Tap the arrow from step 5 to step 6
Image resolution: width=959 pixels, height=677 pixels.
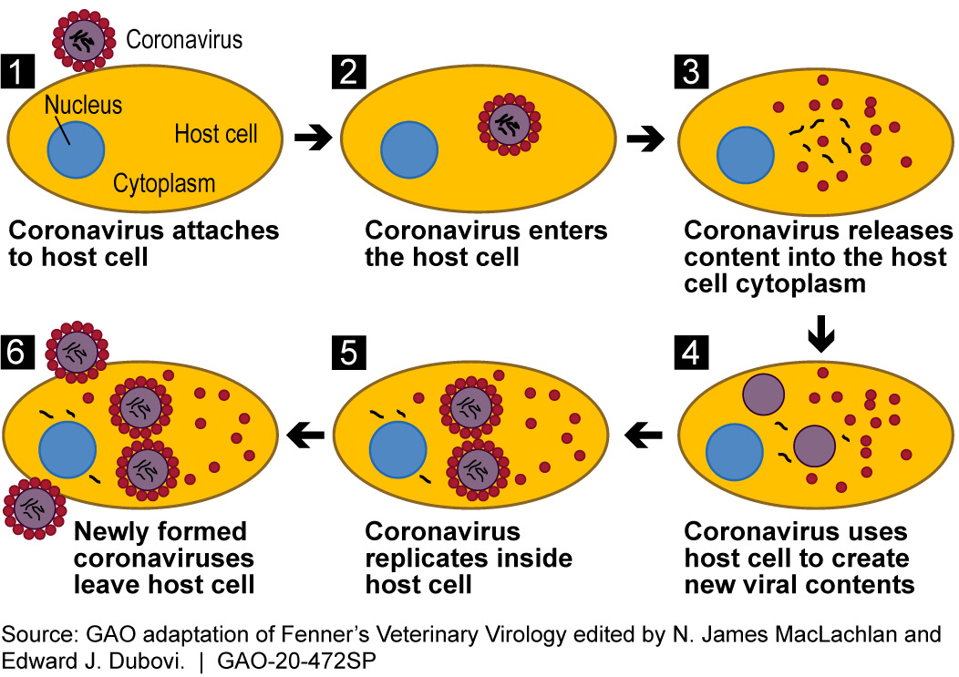click(307, 438)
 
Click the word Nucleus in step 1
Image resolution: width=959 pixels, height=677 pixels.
click(83, 107)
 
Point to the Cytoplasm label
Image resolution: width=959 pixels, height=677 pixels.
click(164, 184)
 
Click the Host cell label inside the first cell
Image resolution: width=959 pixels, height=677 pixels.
click(215, 135)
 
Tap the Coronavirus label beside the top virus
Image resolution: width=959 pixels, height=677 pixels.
click(184, 39)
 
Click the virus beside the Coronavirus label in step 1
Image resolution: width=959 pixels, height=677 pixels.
click(86, 39)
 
